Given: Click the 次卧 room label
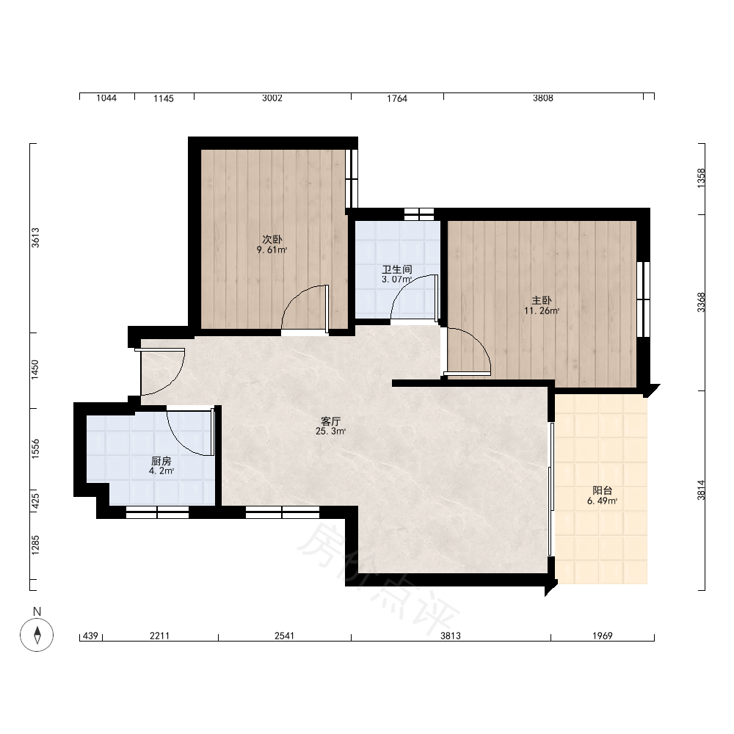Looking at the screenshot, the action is (272, 239).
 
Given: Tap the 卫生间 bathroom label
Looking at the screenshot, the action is (397, 269).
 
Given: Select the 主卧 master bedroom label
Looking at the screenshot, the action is (542, 300).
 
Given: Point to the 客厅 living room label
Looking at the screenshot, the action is (330, 421).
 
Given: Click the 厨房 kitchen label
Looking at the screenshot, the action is (161, 461).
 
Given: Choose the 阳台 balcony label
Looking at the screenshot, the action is (603, 490).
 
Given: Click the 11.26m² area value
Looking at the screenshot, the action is (542, 310).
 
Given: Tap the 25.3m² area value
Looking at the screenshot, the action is (330, 431).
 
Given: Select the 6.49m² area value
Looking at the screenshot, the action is (603, 501).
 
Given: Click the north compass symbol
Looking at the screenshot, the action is (37, 635).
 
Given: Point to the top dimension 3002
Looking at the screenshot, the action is (272, 98).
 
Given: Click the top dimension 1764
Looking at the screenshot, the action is (397, 98).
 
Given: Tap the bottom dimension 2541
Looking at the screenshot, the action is (284, 636).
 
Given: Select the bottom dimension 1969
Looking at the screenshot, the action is (603, 636).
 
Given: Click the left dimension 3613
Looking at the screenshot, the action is (35, 238).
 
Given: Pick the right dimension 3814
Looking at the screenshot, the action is (701, 490).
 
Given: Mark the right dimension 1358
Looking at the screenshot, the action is (701, 178).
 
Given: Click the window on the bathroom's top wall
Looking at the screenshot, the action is (419, 214).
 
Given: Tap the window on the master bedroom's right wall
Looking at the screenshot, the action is (644, 299).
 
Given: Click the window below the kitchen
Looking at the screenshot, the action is (157, 512).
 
